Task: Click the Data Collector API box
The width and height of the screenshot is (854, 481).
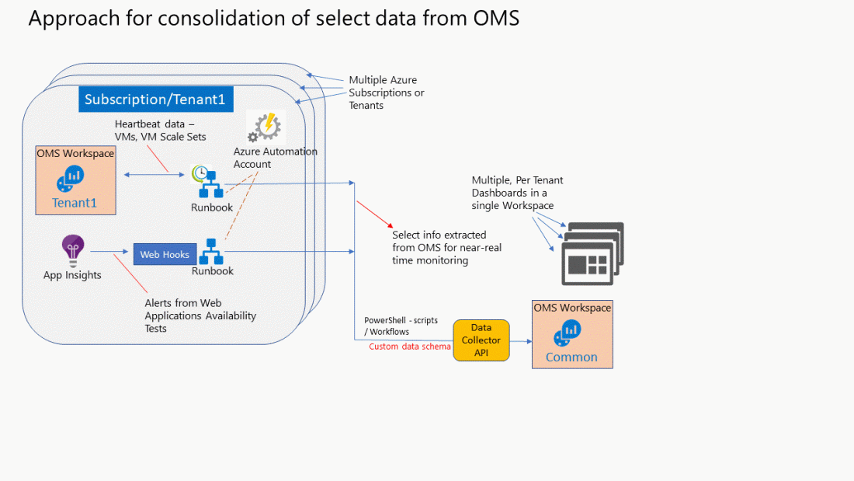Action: [481, 340]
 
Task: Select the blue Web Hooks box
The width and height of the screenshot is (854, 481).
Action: [165, 254]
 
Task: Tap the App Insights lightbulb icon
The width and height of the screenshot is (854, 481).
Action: [73, 250]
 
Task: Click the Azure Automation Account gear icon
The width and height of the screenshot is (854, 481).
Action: [266, 127]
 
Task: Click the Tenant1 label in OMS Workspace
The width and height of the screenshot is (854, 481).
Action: [75, 204]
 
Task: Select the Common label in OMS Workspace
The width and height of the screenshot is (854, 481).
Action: [571, 357]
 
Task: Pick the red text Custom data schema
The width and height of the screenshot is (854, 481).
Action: [409, 347]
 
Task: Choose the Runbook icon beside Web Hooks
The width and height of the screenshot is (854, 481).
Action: [211, 251]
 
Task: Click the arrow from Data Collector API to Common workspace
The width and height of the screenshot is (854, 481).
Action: [520, 340]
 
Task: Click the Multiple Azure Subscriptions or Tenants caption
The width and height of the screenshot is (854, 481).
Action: [386, 92]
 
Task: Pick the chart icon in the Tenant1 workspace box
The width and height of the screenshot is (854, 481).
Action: [70, 180]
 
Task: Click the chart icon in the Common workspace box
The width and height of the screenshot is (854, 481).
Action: [567, 333]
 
